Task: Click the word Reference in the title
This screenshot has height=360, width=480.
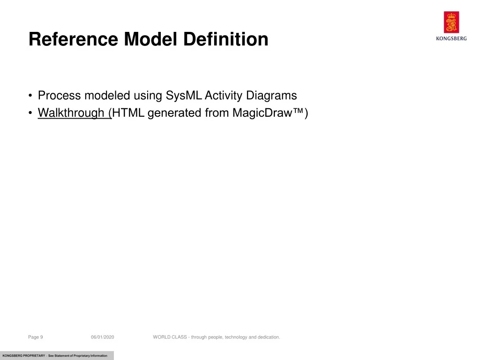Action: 73,39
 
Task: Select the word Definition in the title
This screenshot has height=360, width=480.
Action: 225,39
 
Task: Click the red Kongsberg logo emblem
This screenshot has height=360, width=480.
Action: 451,22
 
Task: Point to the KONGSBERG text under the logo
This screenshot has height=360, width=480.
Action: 451,38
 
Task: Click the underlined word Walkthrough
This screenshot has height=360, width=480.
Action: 71,113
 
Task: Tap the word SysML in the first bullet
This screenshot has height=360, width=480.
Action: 184,96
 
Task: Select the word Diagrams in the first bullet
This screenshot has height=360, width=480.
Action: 271,96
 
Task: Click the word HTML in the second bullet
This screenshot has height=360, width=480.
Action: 128,113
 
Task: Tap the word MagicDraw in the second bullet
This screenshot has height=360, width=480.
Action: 262,113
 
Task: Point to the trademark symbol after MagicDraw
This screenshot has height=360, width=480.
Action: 298,111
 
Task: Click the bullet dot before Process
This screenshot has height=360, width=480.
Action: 30,96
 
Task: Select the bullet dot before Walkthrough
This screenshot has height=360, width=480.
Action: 30,113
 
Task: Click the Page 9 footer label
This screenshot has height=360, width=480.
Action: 36,337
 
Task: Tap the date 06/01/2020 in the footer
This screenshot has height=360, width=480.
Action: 103,337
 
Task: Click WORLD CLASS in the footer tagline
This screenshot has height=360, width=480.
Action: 170,337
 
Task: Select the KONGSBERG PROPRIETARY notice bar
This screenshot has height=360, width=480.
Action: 57,355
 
